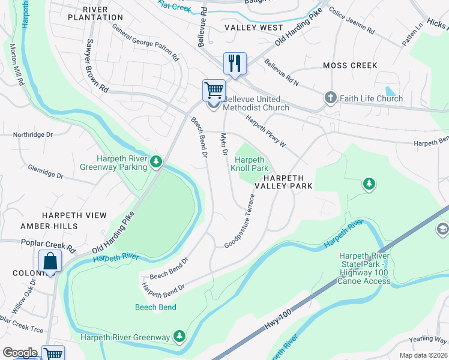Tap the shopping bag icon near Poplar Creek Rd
coord(50,261)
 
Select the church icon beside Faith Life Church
coord(330,98)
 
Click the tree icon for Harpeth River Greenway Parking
coord(156,161)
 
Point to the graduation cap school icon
coord(443,228)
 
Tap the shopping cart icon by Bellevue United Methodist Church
coord(214,91)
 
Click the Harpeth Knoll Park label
coord(249,164)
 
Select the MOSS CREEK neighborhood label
coord(350,65)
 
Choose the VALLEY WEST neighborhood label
coord(254,28)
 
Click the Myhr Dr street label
coord(225,145)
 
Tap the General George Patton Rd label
coord(146,46)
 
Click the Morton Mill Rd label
coord(16,63)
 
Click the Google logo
coord(20,353)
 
